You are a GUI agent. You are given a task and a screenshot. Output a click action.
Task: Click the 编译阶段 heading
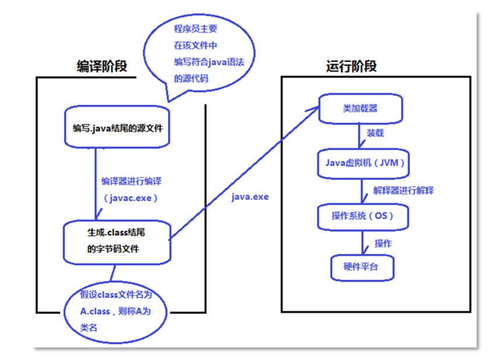coord(102,66)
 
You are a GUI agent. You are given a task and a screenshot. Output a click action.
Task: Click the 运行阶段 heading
coord(351,66)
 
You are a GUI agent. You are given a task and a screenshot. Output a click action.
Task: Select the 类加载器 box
coord(360,108)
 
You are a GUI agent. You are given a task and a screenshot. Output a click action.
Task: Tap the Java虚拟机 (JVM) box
coord(363,164)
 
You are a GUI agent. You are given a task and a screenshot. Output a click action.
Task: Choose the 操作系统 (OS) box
coord(363,217)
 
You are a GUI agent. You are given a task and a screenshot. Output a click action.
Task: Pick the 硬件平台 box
coord(362,267)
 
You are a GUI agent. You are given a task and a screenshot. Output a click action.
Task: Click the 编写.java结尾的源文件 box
coord(117,127)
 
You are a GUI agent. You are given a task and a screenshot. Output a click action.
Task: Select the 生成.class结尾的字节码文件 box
coord(117,242)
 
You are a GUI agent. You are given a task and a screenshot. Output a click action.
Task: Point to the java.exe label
coord(250,197)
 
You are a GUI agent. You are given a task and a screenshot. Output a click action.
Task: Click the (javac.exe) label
coord(130,198)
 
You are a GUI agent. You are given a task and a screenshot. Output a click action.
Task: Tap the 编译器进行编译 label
coord(131,181)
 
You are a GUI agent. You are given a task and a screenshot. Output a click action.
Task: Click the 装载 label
coord(375,133)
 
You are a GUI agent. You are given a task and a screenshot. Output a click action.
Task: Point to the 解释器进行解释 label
coord(403,190)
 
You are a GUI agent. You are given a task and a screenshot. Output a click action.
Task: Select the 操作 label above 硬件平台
coord(383,243)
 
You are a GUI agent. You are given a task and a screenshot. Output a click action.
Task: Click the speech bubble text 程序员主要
coord(196,29)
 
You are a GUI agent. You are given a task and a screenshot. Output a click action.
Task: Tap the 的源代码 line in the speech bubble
coord(191,79)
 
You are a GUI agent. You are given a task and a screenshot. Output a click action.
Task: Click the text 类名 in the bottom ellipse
coord(89,327)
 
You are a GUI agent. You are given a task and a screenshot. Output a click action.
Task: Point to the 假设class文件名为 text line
coord(116,294)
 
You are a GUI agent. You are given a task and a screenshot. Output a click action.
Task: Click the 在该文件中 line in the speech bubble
coord(196,45)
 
